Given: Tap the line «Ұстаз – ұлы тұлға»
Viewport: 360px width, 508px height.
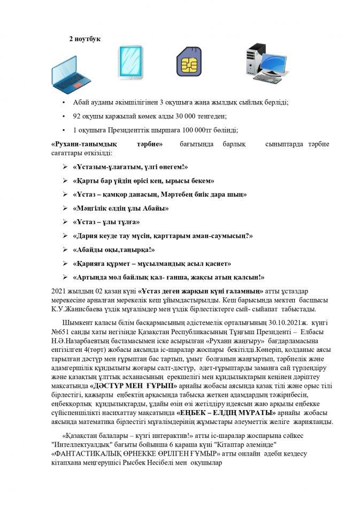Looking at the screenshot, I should tap(105, 222).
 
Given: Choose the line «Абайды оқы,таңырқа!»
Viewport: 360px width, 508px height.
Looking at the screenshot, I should tap(113, 250).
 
